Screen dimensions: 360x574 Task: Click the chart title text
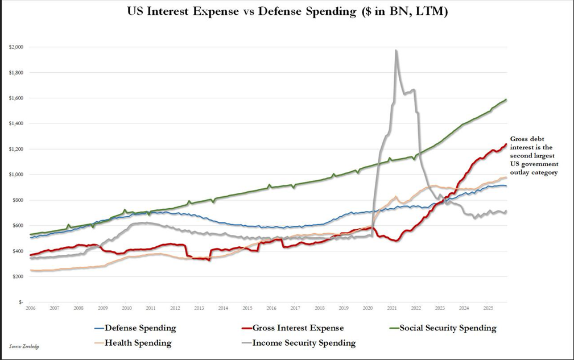tap(287, 12)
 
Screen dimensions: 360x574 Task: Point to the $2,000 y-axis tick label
tap(16, 47)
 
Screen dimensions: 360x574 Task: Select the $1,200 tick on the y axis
tap(16, 149)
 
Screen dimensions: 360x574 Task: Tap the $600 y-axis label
tap(17, 226)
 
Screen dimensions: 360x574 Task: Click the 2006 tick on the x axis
tap(30, 308)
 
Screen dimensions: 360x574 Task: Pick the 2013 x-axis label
tap(199, 308)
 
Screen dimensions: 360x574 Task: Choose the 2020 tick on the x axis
tap(368, 308)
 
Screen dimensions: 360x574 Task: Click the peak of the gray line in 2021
tap(396, 51)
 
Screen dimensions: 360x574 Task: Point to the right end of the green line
tap(506, 100)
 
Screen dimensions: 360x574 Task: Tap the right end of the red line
tap(506, 144)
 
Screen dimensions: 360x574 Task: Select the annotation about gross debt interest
tap(533, 155)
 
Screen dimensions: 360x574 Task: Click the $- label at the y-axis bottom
tap(20, 302)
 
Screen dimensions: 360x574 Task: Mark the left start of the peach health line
tap(31, 270)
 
